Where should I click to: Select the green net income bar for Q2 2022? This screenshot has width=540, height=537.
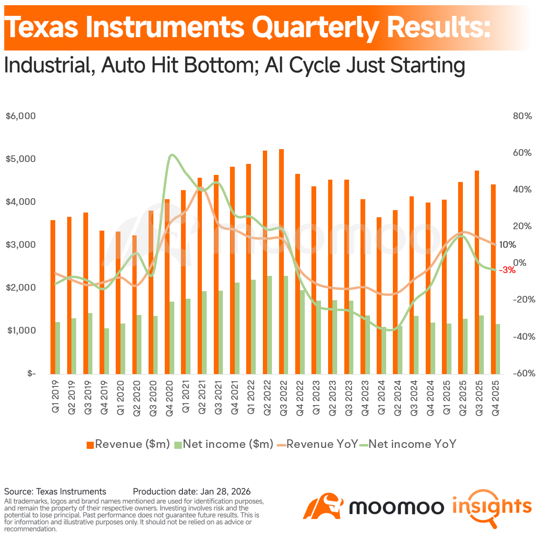pos(270,324)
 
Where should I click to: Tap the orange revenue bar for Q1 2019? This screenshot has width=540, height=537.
pos(53,295)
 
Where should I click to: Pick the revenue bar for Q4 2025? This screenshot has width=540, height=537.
pos(493,276)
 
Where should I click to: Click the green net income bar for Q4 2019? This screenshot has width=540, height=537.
pos(107,351)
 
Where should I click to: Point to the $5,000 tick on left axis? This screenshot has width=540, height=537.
pos(21,159)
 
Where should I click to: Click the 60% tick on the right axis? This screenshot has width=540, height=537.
pos(522,153)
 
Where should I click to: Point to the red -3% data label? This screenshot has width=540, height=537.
pos(507,270)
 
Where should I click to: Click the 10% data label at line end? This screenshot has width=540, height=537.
pos(507,245)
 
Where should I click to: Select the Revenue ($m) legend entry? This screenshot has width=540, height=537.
pos(128,445)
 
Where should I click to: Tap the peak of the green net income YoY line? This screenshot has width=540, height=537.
pos(172,155)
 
